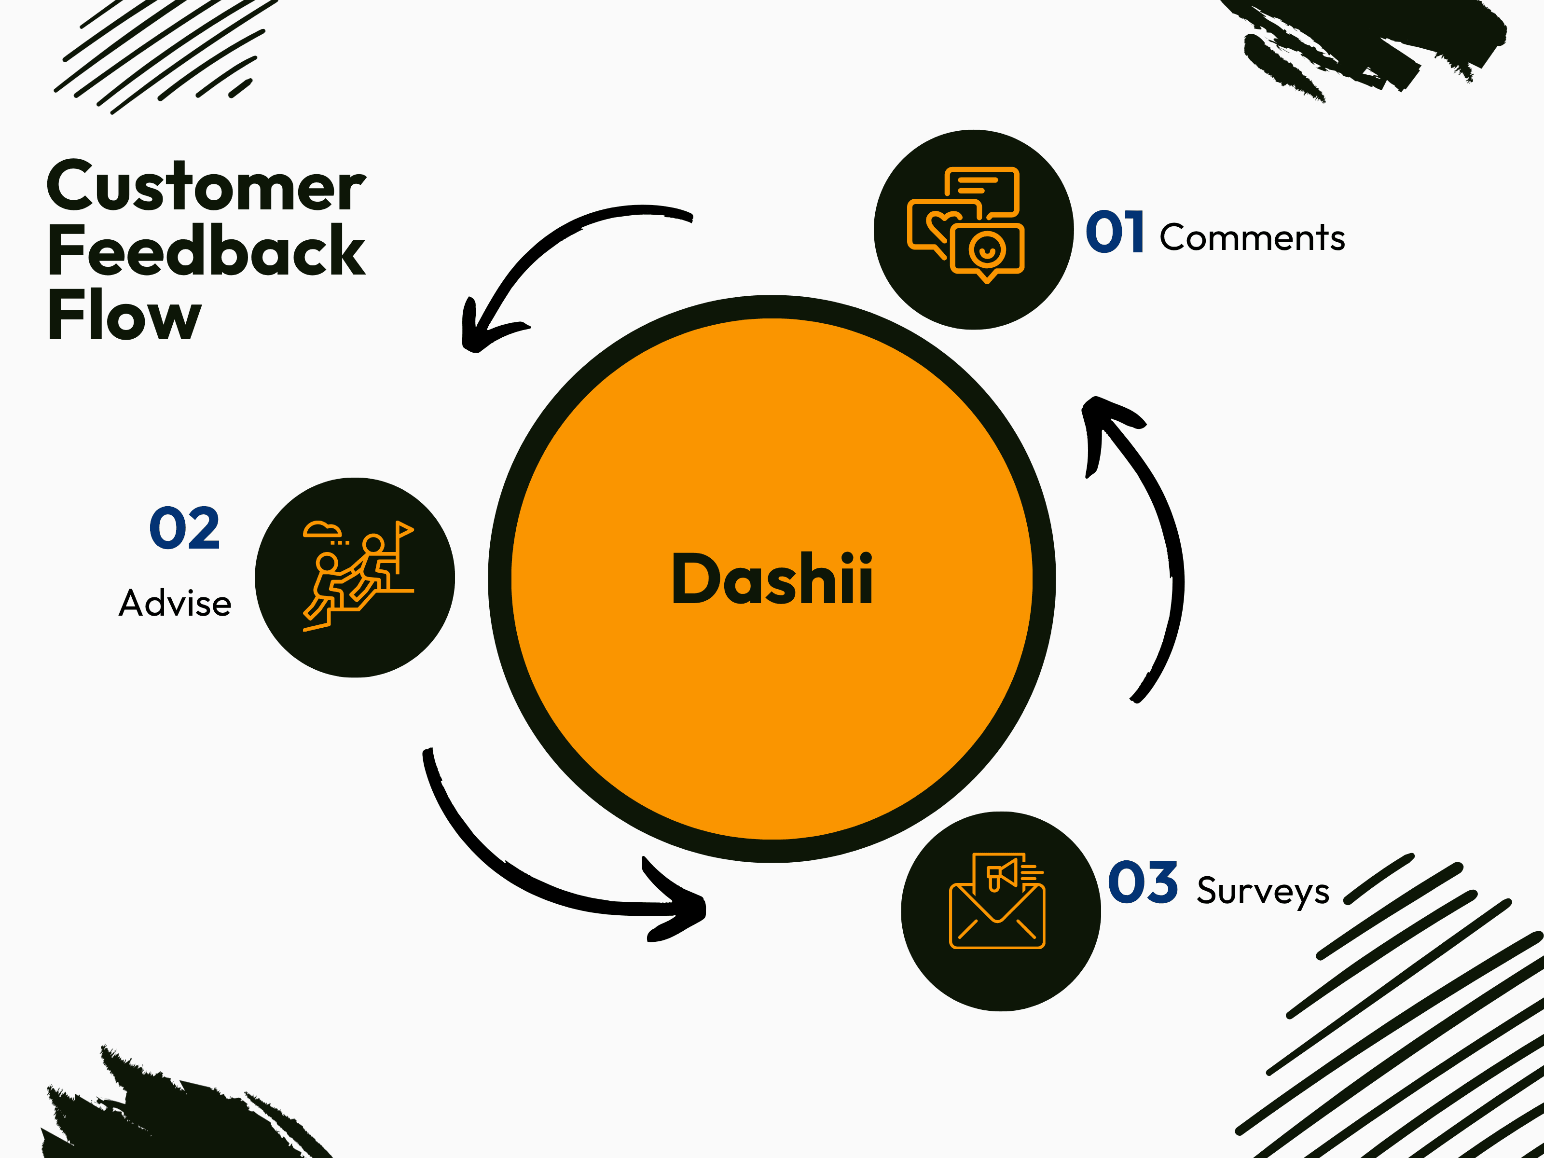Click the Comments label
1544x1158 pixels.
1252,237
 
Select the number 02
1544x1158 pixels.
185,528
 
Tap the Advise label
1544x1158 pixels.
175,603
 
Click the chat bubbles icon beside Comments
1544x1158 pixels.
966,225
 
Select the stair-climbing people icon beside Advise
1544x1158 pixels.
358,576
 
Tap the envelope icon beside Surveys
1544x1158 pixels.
997,900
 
